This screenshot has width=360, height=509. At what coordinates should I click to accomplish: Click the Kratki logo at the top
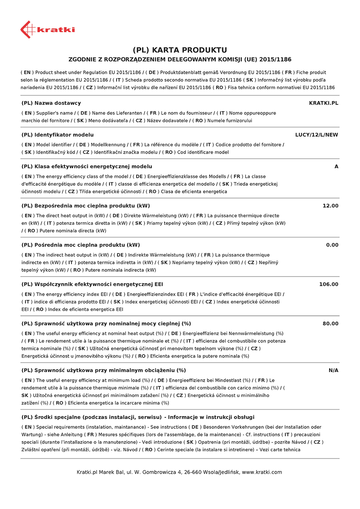(x=47, y=29)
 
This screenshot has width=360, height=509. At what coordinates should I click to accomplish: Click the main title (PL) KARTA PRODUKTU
(x=180, y=50)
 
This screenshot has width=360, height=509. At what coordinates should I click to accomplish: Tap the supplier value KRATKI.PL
(x=324, y=103)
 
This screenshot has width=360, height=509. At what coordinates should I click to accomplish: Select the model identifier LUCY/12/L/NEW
(x=317, y=135)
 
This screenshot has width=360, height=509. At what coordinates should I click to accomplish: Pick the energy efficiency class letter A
(x=336, y=167)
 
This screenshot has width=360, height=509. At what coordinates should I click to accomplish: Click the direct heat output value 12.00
(x=330, y=206)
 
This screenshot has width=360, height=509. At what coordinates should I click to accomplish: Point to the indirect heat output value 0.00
(x=332, y=245)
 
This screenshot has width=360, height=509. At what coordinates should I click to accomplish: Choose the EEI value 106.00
(x=329, y=284)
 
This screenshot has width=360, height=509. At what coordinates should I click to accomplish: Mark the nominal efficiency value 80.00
(x=330, y=324)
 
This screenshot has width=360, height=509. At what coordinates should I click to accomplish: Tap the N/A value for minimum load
(x=333, y=370)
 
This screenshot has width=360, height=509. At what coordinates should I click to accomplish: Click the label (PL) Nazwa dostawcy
(x=51, y=103)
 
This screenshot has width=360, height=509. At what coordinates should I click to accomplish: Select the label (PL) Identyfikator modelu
(x=57, y=135)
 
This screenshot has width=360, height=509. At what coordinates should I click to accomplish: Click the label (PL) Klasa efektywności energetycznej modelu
(x=87, y=167)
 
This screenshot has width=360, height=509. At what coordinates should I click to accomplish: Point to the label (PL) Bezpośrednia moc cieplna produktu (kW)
(x=85, y=206)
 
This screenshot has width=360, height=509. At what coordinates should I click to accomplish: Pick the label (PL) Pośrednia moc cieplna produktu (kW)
(x=81, y=245)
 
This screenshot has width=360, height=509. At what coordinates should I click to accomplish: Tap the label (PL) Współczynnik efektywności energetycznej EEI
(x=92, y=284)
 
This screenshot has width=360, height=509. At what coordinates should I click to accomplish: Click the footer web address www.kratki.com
(x=262, y=472)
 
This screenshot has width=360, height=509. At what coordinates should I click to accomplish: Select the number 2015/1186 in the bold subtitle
(x=276, y=60)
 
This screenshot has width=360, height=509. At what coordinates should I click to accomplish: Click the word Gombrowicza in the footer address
(x=159, y=472)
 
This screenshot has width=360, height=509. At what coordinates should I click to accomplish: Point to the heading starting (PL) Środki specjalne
(x=138, y=417)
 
